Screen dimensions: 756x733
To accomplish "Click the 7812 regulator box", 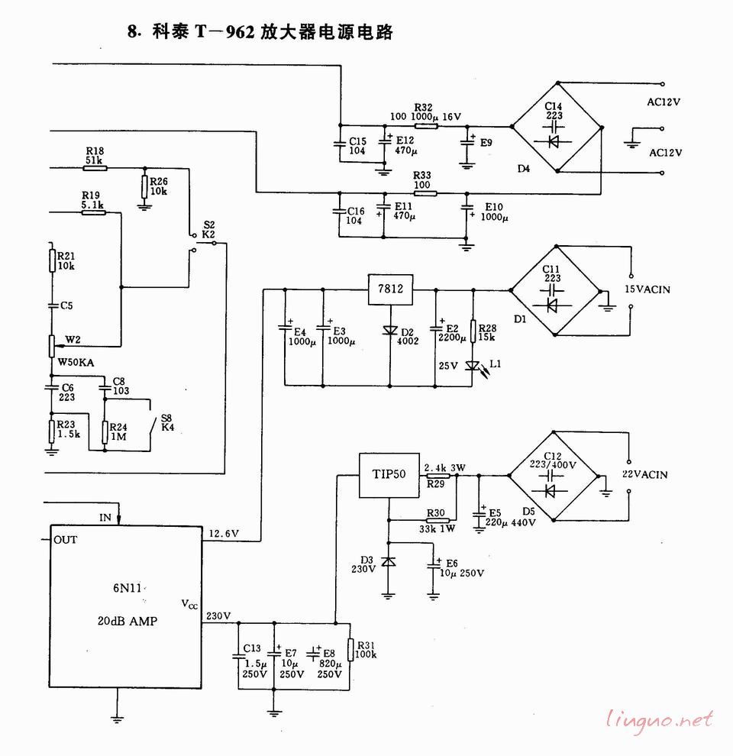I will [390, 289].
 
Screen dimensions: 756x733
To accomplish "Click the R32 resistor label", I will [423, 107].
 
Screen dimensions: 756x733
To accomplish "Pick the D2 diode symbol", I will [390, 331].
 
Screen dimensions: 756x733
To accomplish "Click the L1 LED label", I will [496, 364].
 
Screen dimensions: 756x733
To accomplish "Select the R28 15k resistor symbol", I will [473, 331].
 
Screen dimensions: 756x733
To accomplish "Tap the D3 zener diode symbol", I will [389, 561].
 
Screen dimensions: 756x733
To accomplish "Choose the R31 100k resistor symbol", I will [350, 650].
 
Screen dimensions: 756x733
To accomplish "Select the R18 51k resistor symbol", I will [95, 167].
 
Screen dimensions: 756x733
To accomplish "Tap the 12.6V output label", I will [224, 533].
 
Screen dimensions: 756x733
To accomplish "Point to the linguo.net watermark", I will [660, 719].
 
